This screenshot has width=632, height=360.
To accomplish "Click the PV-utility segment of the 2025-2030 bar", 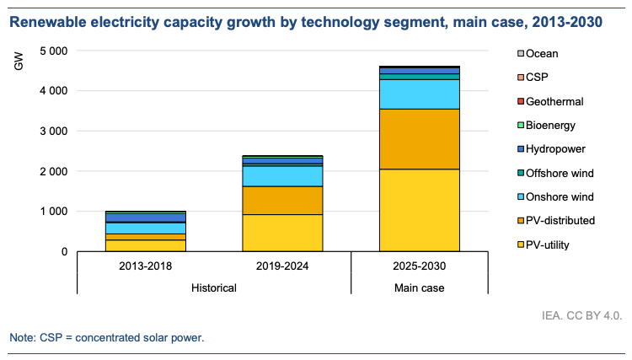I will click(x=419, y=210).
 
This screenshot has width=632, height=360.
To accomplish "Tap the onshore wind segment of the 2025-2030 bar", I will click(x=419, y=94).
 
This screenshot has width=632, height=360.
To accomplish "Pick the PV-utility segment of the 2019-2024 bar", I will click(x=282, y=233).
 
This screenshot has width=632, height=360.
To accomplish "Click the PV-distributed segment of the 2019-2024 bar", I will click(x=282, y=201).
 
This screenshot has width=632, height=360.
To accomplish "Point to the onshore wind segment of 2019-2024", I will click(x=282, y=175).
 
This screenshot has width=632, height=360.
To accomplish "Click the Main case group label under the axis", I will click(x=419, y=287).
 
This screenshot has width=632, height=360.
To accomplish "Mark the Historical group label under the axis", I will click(x=213, y=287).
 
